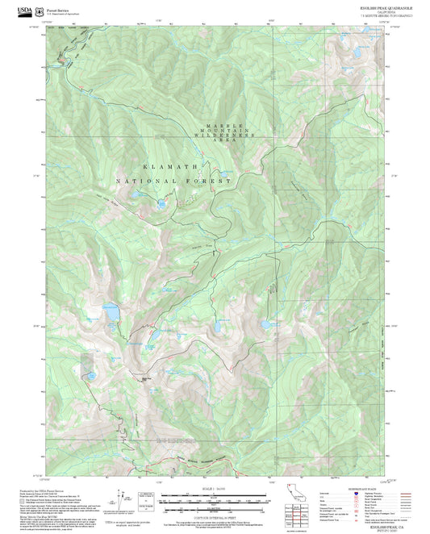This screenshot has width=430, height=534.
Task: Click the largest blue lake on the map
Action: click(x=111, y=310)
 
